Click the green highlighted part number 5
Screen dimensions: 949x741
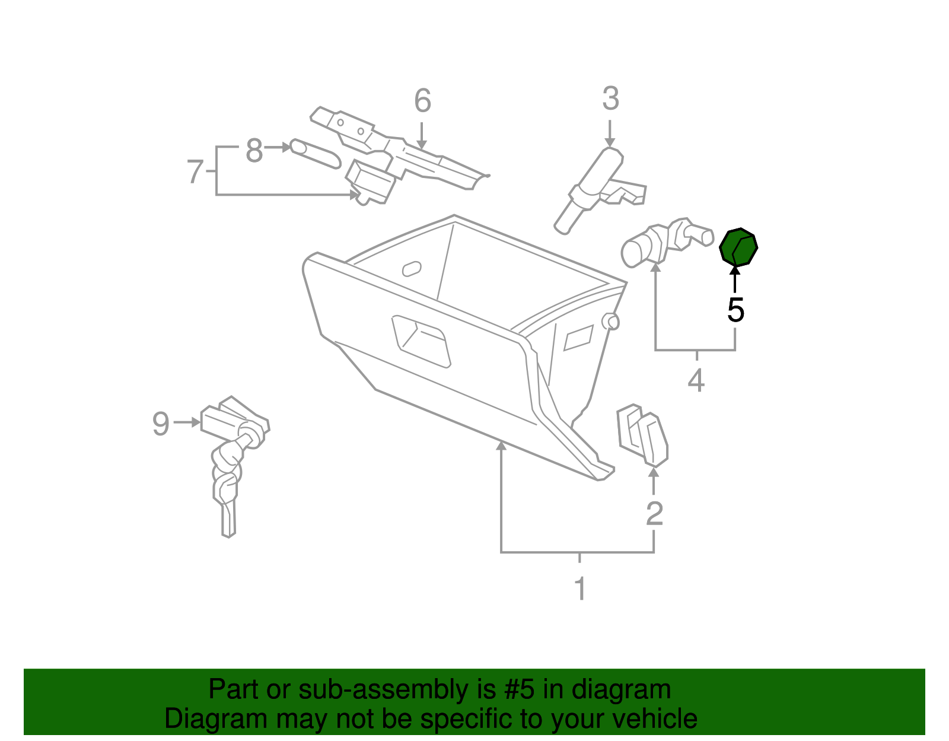point(738,247)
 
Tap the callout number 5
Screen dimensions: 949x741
point(735,310)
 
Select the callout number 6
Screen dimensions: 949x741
point(422,101)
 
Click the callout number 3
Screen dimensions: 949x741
point(610,99)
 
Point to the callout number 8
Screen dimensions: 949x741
point(254,151)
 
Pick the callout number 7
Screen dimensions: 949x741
point(195,172)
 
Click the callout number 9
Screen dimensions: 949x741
point(161,424)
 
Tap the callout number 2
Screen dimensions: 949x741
point(654,514)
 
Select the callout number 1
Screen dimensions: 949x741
point(580,589)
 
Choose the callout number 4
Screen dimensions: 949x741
point(696,380)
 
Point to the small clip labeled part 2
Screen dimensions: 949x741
point(642,435)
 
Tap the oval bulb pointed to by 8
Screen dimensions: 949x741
point(315,154)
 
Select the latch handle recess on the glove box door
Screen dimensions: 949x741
point(421,341)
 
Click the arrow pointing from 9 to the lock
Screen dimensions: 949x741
point(188,422)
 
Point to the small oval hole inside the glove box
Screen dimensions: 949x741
point(412,269)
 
